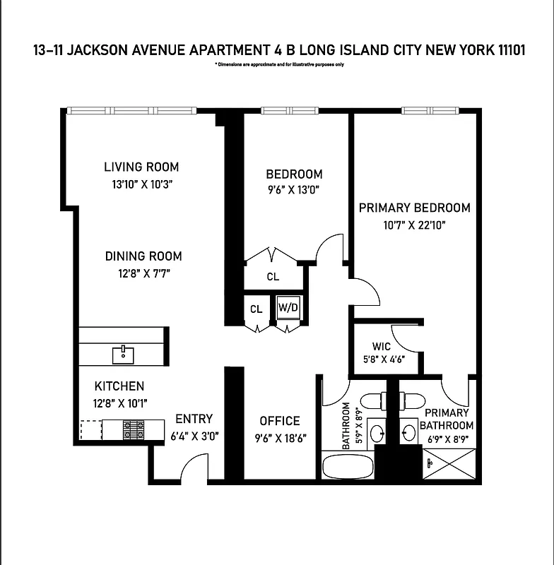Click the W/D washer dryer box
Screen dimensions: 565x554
click(288, 308)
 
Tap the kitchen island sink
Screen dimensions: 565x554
click(124, 352)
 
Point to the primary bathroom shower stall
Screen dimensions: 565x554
click(448, 465)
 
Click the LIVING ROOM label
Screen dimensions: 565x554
click(141, 167)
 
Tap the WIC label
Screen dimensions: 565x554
click(382, 347)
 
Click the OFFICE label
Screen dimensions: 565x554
click(279, 421)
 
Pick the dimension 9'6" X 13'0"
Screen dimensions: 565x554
click(294, 189)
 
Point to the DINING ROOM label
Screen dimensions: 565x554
click(143, 256)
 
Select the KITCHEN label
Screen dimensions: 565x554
click(119, 386)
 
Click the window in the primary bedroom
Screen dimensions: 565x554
click(430, 111)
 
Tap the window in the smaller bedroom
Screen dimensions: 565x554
click(290, 111)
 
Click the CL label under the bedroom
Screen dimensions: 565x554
click(273, 277)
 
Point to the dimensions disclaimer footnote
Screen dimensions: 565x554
click(279, 65)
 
